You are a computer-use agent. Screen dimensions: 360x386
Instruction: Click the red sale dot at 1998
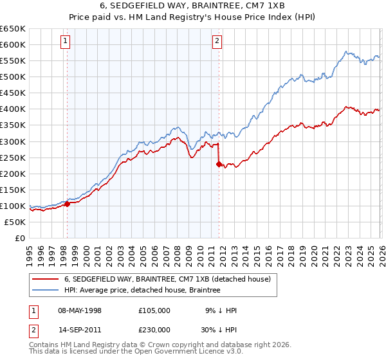coord(67,204)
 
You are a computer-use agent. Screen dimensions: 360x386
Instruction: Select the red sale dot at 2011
coord(219,164)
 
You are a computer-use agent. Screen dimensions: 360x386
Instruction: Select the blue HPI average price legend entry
coord(142,291)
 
